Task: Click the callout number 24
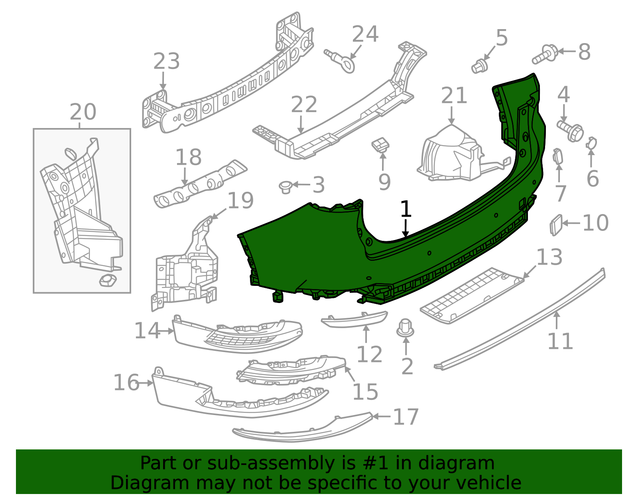tap(365, 34)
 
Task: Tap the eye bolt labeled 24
tap(340, 60)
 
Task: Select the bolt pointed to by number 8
tap(545, 55)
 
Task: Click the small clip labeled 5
tap(479, 66)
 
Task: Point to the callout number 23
tap(166, 61)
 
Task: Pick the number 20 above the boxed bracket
tap(83, 112)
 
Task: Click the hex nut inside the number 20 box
tap(108, 281)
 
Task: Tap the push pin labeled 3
tap(286, 187)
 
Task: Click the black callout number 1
tap(406, 209)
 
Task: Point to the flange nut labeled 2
tap(405, 328)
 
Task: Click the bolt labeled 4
tap(570, 131)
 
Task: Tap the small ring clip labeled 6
tap(591, 143)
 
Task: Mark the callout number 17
tap(406, 417)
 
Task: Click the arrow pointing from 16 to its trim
tap(146, 383)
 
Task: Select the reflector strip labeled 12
tap(354, 320)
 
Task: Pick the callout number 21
tap(454, 95)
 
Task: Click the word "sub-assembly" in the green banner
tap(270, 463)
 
